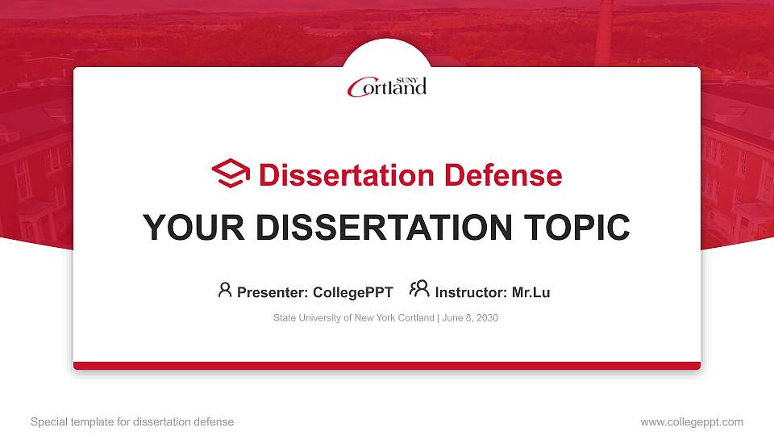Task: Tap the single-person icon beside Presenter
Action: pyautogui.click(x=225, y=290)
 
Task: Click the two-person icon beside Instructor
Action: pyautogui.click(x=419, y=289)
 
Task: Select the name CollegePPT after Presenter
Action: pyautogui.click(x=352, y=292)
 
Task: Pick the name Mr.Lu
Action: pyautogui.click(x=531, y=292)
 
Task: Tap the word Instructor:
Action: pyautogui.click(x=471, y=292)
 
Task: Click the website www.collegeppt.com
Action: pyautogui.click(x=691, y=421)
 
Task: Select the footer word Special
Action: pyautogui.click(x=48, y=421)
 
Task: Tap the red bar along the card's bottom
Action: pyautogui.click(x=387, y=366)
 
